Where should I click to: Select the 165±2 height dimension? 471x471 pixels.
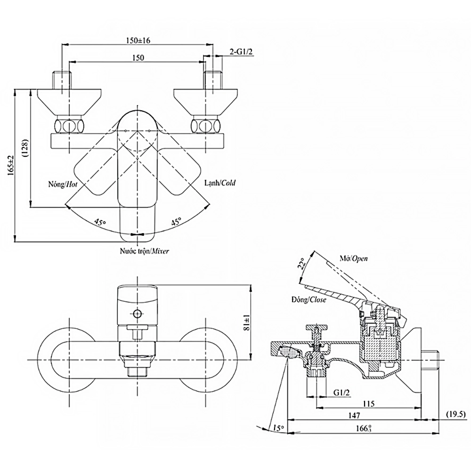pyautogui.click(x=10, y=166)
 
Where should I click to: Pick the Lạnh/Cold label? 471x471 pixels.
pyautogui.click(x=220, y=183)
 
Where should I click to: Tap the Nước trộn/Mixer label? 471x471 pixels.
pyautogui.click(x=144, y=252)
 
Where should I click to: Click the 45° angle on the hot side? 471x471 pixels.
pyautogui.click(x=99, y=221)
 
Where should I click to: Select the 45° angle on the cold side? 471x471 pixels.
pyautogui.click(x=176, y=222)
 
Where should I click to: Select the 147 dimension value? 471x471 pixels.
pyautogui.click(x=354, y=415)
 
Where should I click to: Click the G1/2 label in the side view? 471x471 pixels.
pyautogui.click(x=342, y=392)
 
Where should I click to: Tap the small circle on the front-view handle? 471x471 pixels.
pyautogui.click(x=138, y=314)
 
